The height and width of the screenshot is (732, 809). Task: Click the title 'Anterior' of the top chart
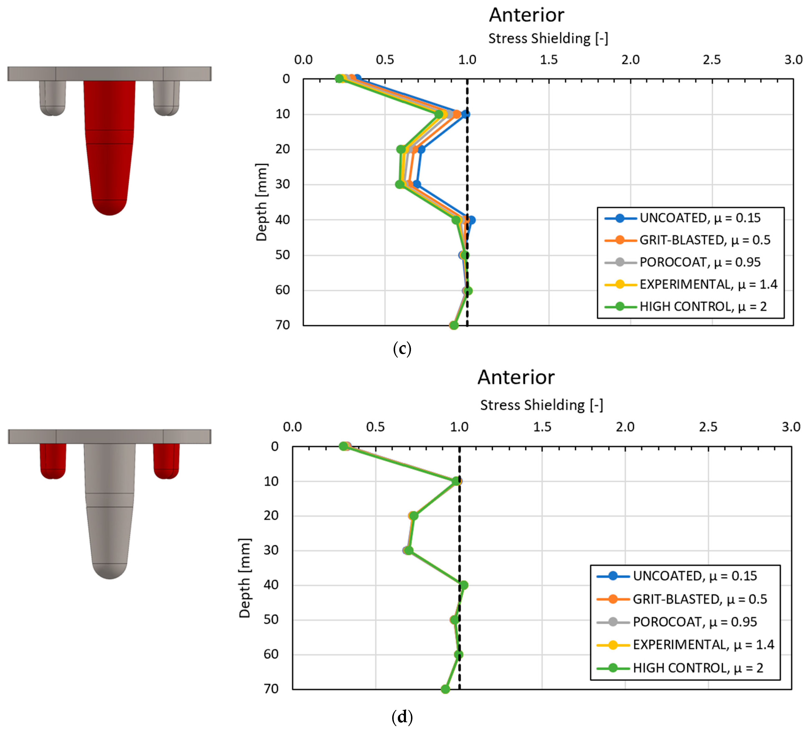pyautogui.click(x=526, y=15)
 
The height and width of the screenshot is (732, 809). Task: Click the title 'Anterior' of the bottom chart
pyautogui.click(x=516, y=377)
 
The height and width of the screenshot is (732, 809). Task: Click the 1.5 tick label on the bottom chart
pyautogui.click(x=542, y=427)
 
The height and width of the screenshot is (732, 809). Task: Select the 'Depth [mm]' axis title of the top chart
pyautogui.click(x=261, y=202)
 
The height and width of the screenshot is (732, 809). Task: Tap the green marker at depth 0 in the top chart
pyautogui.click(x=340, y=79)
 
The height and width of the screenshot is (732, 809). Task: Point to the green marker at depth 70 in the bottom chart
pyautogui.click(x=445, y=689)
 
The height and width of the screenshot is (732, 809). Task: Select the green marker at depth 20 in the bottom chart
pyautogui.click(x=413, y=516)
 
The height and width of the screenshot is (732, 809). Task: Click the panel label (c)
pyautogui.click(x=402, y=348)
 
